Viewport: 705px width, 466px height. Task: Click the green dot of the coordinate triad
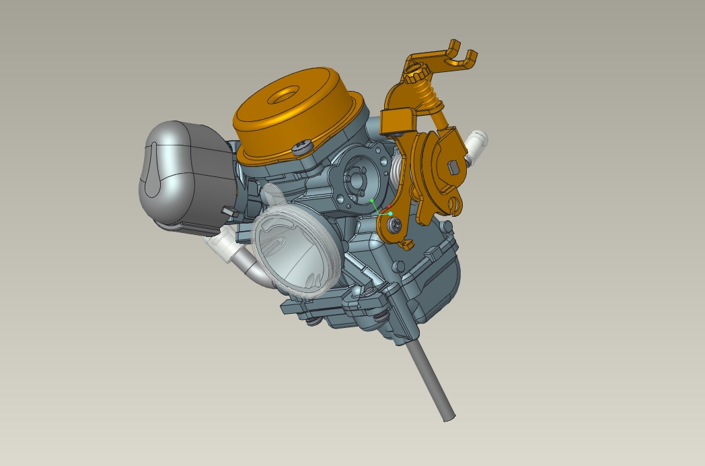372,201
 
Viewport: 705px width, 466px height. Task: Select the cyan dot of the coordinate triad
390,213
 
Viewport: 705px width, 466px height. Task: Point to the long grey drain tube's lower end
448,415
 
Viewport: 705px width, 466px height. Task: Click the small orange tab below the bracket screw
406,243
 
